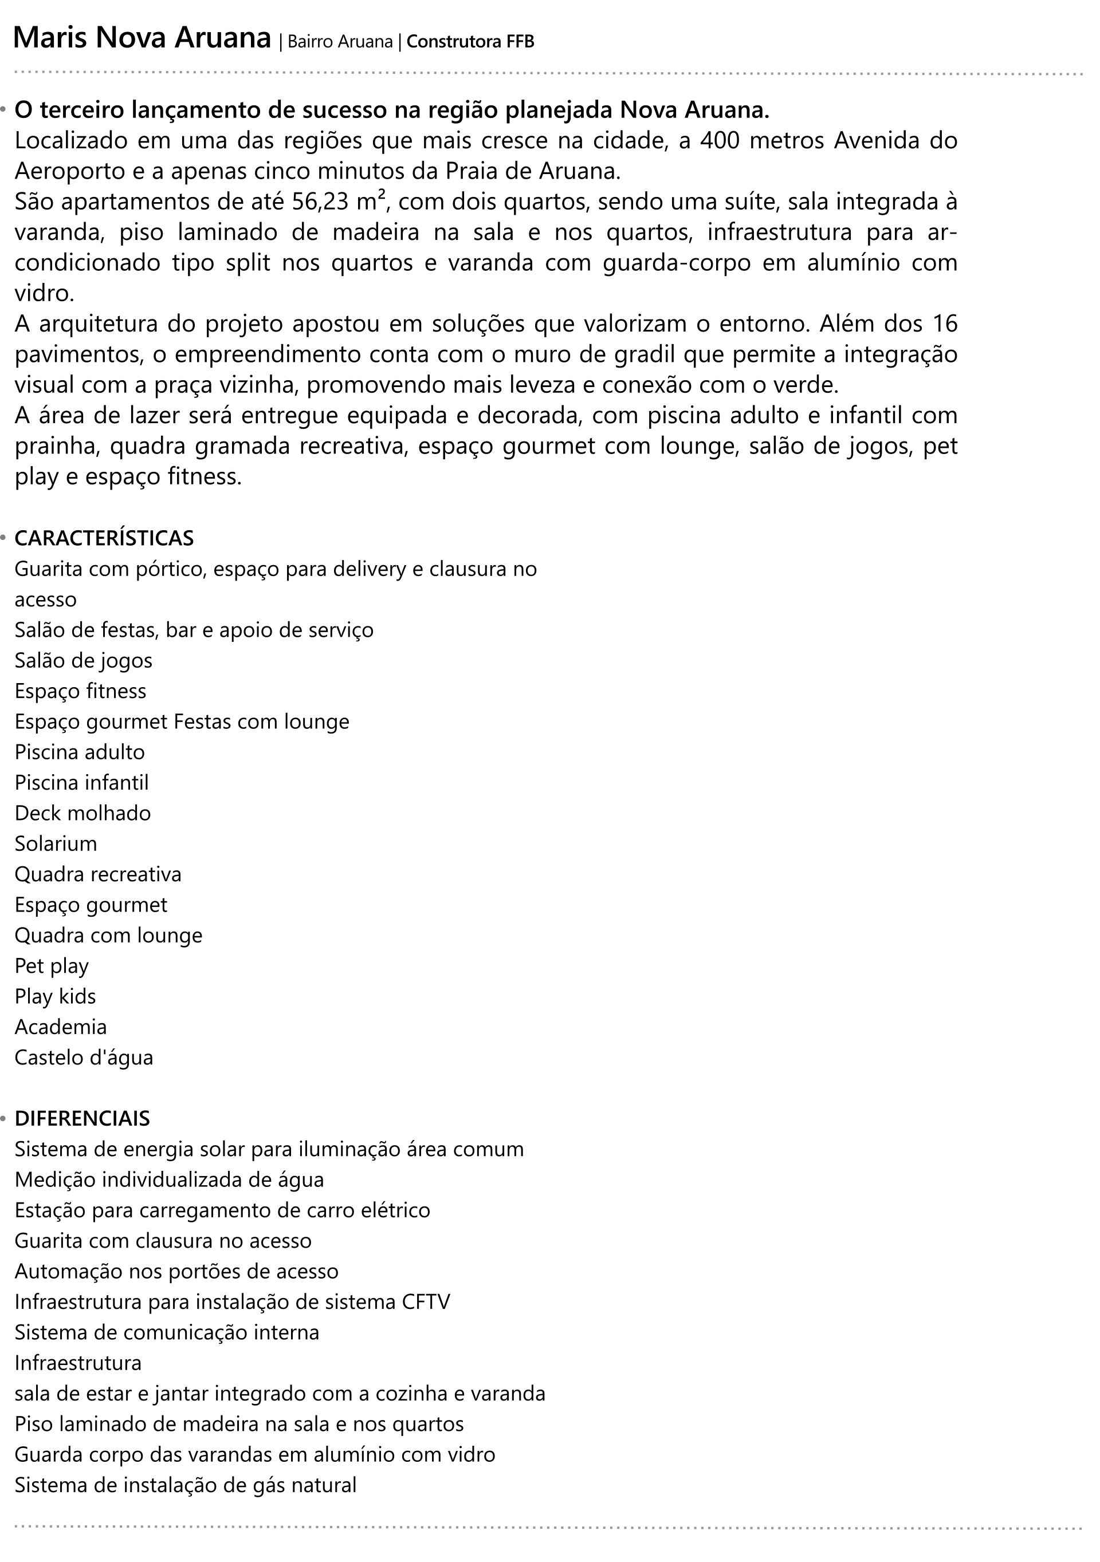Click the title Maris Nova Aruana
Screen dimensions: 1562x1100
point(142,39)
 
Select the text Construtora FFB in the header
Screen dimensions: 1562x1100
point(470,42)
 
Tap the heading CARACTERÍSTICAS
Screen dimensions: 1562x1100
point(104,538)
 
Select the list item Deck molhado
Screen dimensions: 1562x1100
point(83,813)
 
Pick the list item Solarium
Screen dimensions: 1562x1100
point(56,843)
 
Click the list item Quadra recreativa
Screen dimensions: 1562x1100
point(98,874)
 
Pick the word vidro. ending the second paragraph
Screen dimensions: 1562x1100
point(44,294)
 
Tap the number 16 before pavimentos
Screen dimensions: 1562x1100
point(944,324)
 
